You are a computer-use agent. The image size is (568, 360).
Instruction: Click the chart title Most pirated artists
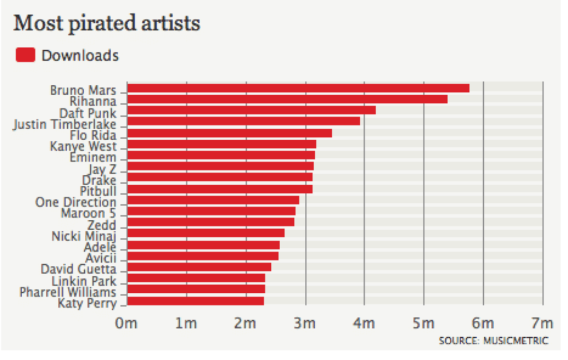[106, 23]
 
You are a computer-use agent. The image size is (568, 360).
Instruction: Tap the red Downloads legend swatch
[26, 55]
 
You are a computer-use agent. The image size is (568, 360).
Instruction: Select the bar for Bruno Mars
[298, 88]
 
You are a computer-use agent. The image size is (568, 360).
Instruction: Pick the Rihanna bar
[287, 99]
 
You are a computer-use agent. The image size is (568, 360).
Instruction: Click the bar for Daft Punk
[251, 110]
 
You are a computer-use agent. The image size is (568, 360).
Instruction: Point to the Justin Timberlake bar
[243, 121]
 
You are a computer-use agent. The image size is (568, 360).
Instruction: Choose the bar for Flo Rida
[230, 133]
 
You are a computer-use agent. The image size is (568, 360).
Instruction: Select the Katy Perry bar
[195, 301]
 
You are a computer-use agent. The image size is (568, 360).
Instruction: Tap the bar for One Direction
[213, 200]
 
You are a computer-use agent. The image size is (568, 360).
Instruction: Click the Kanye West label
[83, 145]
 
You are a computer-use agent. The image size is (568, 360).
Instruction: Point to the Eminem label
[93, 157]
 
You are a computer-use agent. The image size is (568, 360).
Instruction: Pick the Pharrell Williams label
[68, 291]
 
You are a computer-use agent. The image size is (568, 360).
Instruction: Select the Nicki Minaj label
[84, 235]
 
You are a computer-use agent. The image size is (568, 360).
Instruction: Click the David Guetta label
[79, 270]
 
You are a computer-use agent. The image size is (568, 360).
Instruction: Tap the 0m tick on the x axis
[126, 324]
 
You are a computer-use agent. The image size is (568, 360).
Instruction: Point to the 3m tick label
[305, 324]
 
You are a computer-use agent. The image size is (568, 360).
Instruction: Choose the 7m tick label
[542, 324]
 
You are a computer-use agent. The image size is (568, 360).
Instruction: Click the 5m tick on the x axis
[423, 324]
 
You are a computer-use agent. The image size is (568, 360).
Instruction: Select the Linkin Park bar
[196, 278]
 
